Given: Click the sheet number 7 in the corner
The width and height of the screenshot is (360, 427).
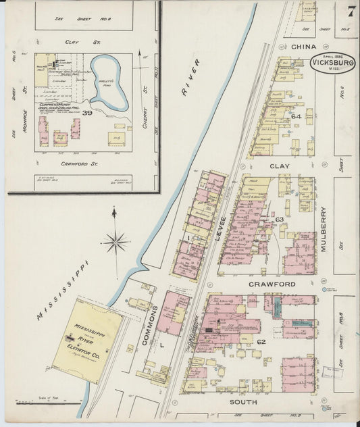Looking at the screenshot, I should [x=351, y=11].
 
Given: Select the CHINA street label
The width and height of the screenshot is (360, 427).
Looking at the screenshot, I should [x=303, y=47].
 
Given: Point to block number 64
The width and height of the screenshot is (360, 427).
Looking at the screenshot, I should [x=295, y=116].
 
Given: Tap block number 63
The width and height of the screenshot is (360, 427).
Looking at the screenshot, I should [x=279, y=220].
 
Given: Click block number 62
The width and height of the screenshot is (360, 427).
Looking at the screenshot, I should [x=261, y=343].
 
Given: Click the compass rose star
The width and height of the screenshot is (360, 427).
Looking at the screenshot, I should [x=115, y=241].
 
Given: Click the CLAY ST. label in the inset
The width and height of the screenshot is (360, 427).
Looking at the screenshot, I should [x=72, y=42].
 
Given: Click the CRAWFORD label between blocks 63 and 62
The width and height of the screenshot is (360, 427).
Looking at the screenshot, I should [x=272, y=284].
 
